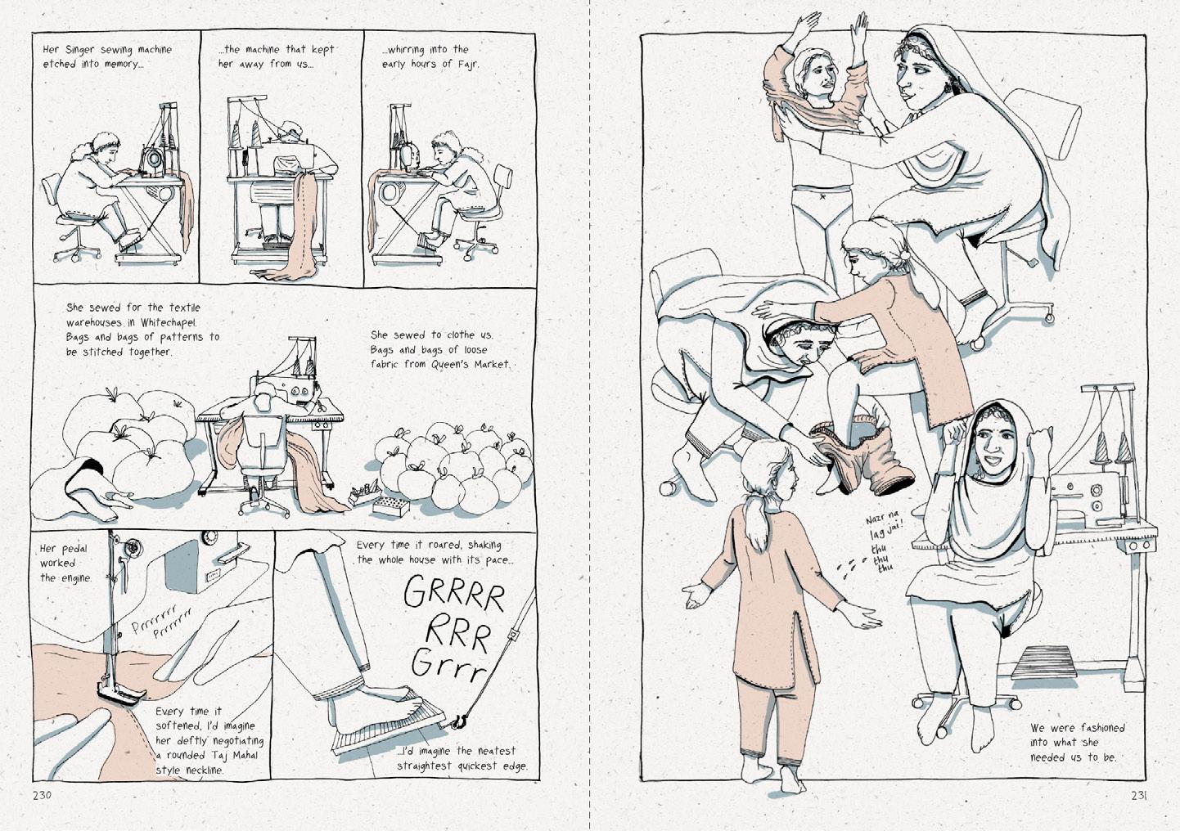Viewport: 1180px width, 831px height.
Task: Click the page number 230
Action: point(42,795)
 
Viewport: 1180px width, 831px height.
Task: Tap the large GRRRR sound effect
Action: point(454,593)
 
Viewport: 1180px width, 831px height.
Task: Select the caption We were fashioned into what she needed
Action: point(1077,742)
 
